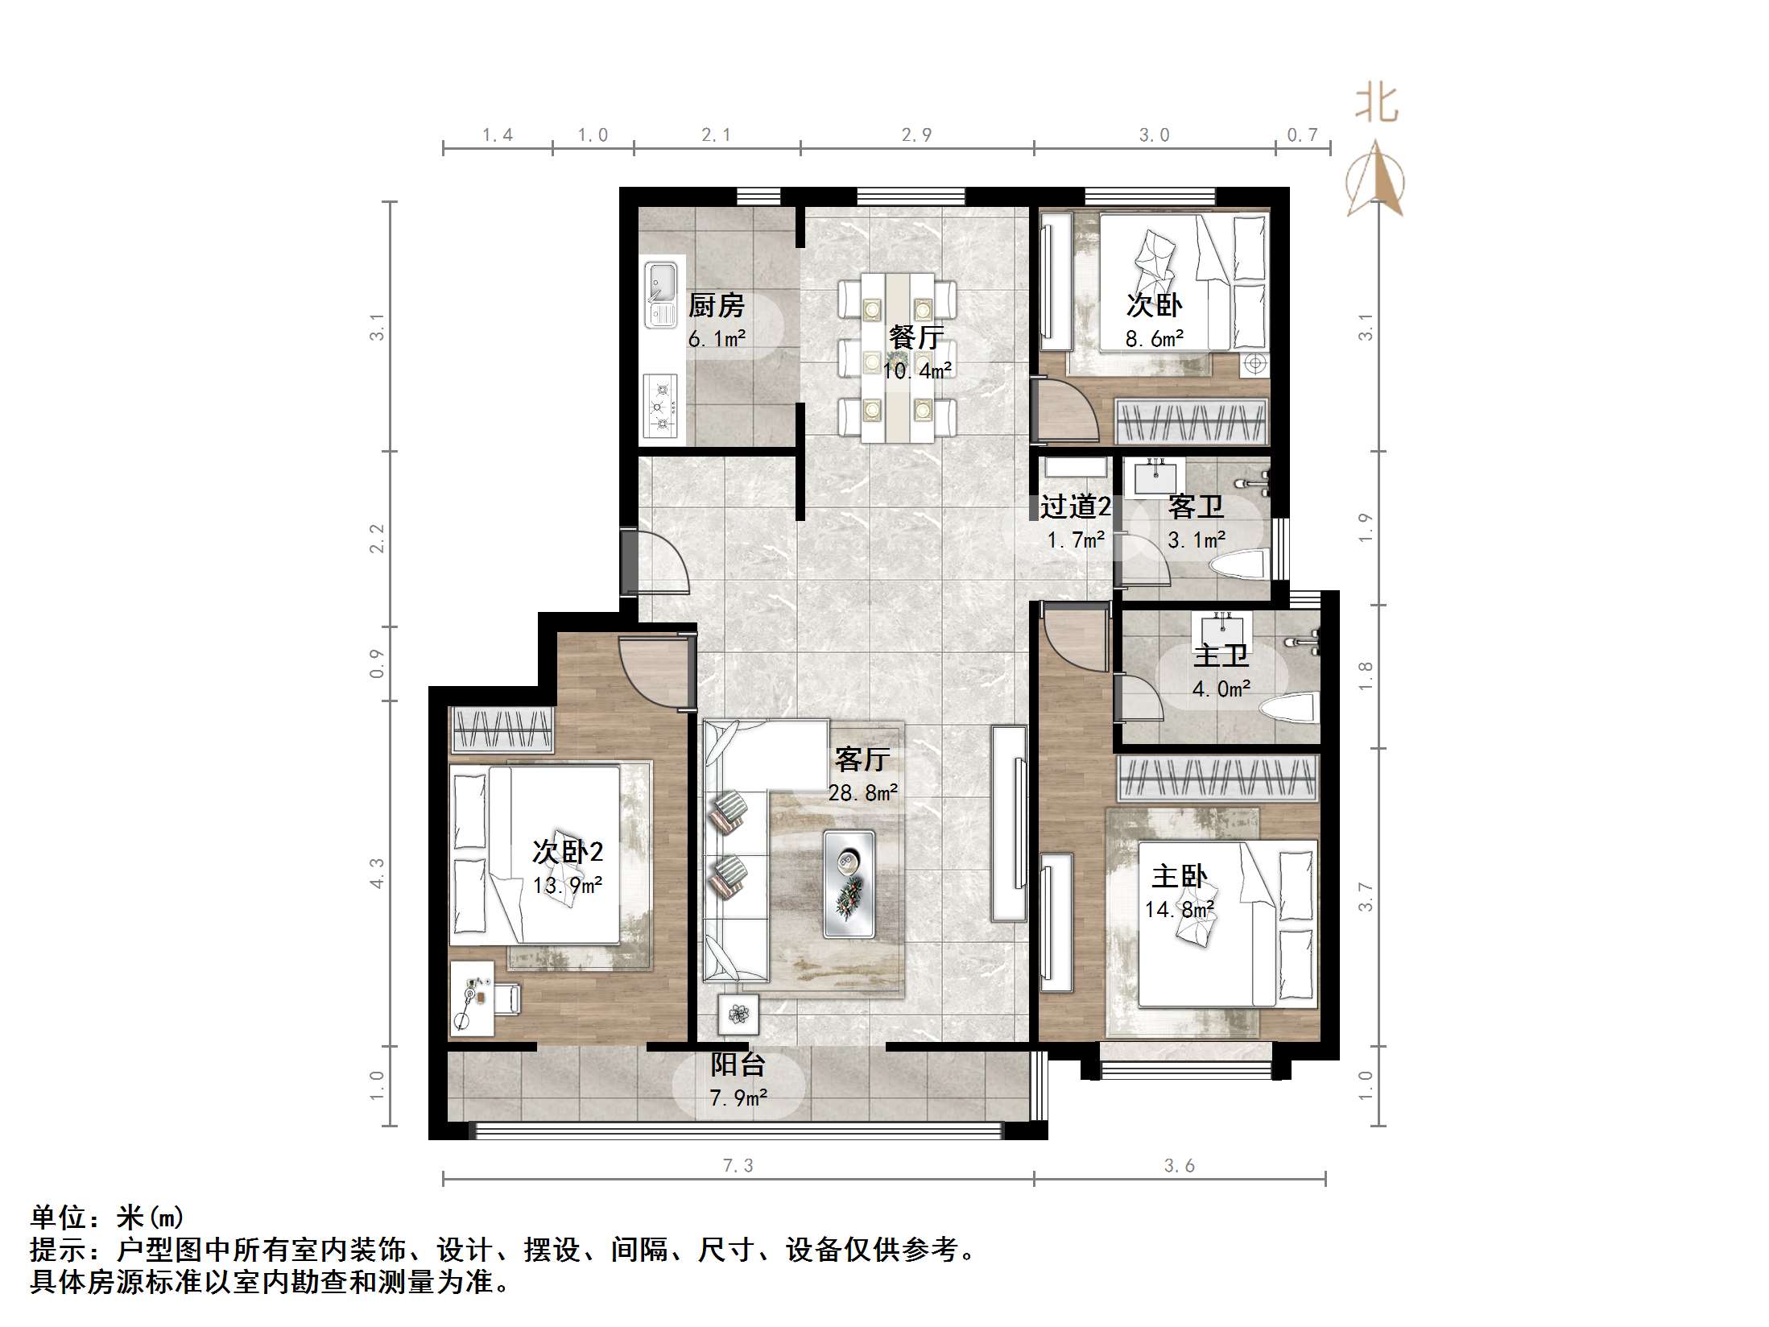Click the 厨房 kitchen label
click(x=716, y=306)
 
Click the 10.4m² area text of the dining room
click(x=917, y=371)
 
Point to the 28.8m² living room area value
click(x=863, y=793)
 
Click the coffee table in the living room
click(x=849, y=883)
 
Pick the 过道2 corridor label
click(x=1075, y=506)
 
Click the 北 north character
click(x=1376, y=105)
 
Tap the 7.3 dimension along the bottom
click(x=738, y=1166)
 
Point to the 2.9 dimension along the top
click(x=916, y=135)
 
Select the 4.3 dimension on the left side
click(x=377, y=873)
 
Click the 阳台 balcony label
click(x=737, y=1064)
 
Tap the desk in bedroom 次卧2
click(x=472, y=998)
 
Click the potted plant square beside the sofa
click(x=738, y=1014)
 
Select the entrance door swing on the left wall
click(x=656, y=562)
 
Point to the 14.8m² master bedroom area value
click(x=1180, y=910)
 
